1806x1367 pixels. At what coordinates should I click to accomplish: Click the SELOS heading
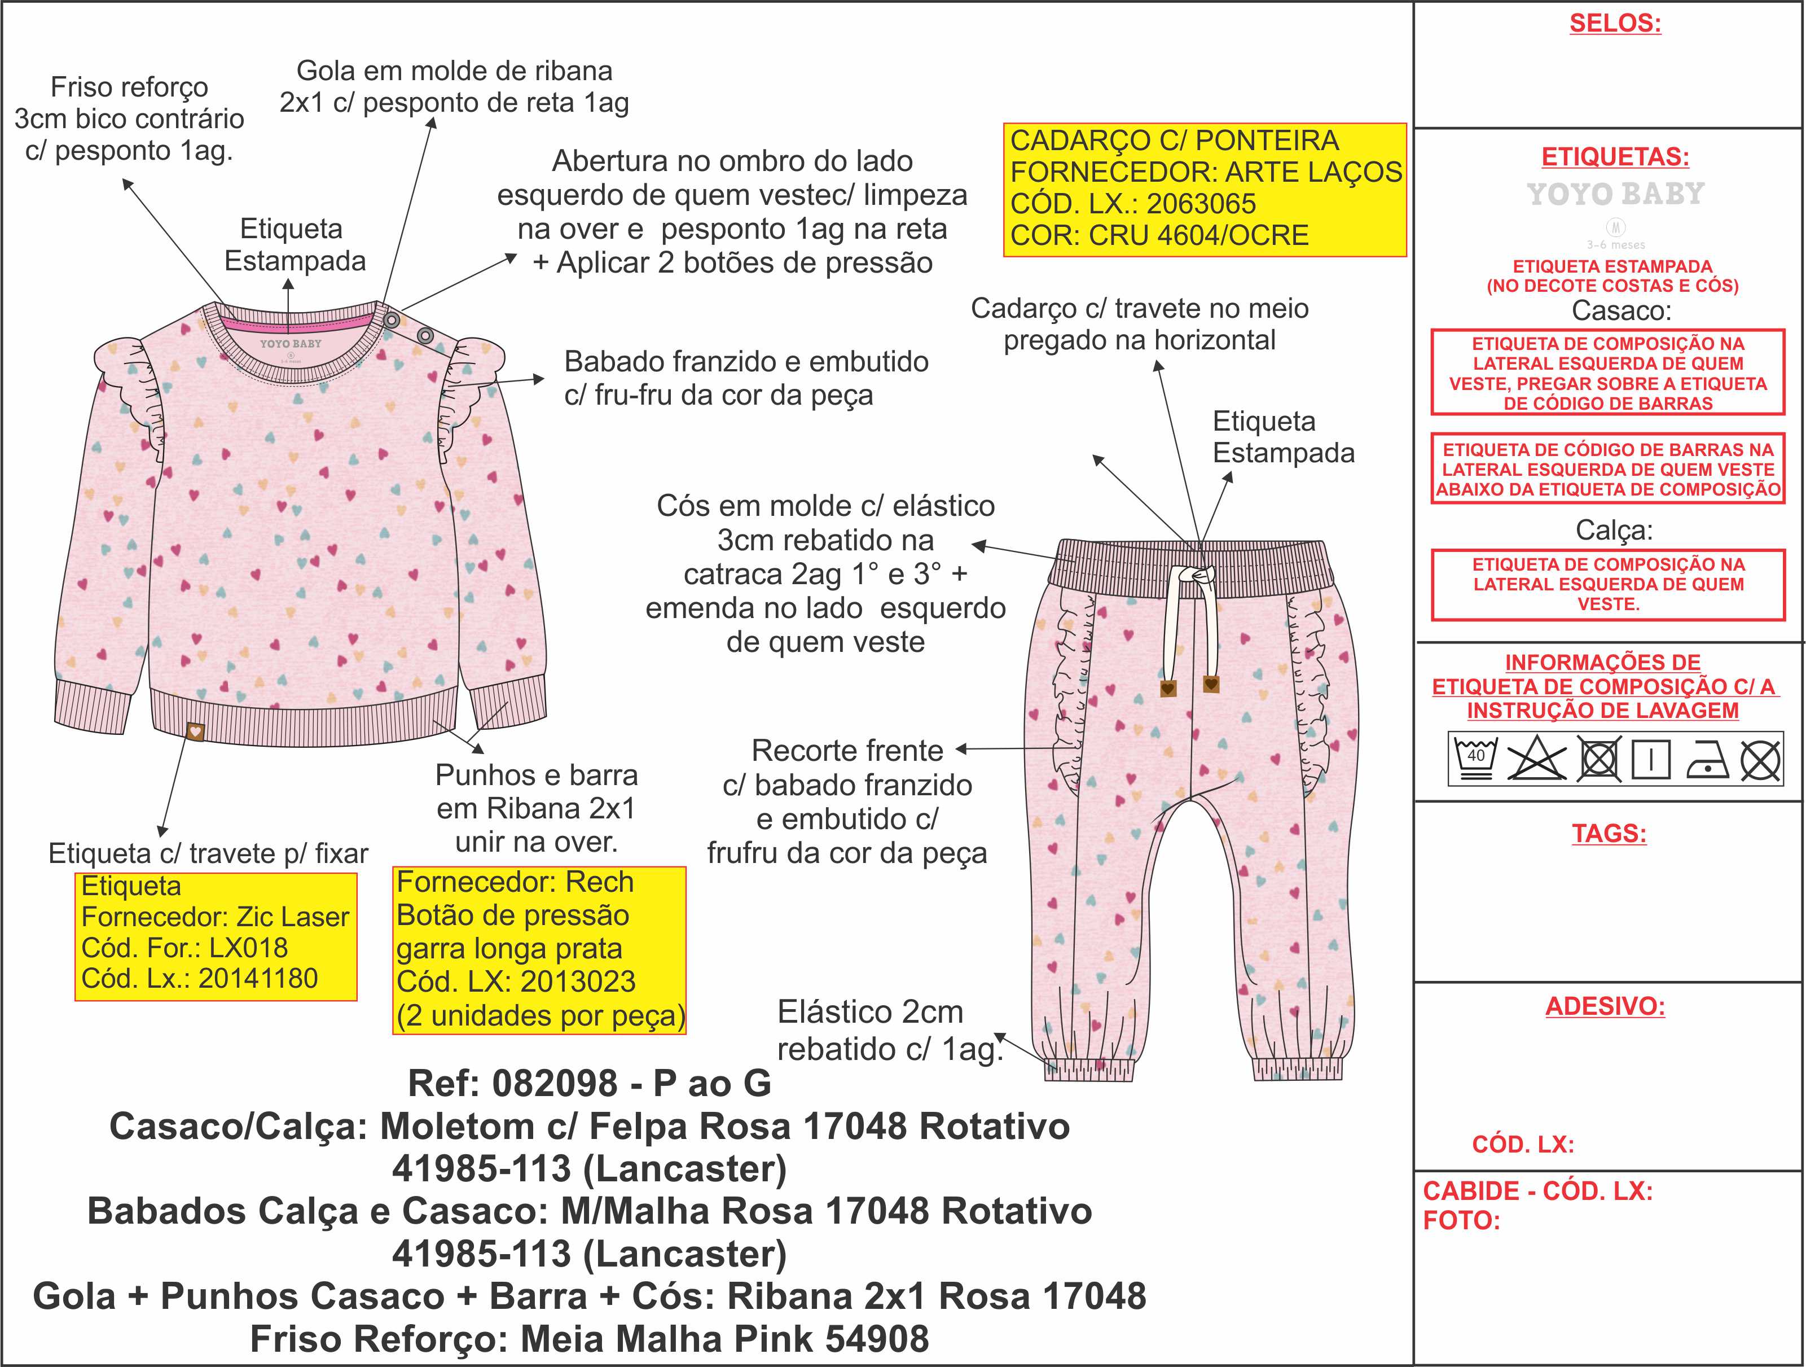(1614, 23)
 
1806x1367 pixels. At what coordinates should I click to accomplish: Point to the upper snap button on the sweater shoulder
(392, 320)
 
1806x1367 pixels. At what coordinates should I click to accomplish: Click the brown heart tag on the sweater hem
(195, 731)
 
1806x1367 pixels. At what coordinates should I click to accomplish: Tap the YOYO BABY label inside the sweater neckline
(291, 344)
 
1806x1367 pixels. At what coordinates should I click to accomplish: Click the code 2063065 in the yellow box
(1201, 203)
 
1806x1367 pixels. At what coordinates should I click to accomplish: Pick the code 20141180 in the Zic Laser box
(257, 978)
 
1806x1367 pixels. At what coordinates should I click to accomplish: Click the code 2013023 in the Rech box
(578, 982)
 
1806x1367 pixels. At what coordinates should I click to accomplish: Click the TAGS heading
(1609, 834)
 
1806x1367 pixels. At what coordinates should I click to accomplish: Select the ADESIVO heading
(1605, 1006)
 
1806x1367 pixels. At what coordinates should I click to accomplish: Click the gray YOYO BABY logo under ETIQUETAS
(1615, 194)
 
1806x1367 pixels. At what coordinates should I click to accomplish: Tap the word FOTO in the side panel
(1461, 1221)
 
